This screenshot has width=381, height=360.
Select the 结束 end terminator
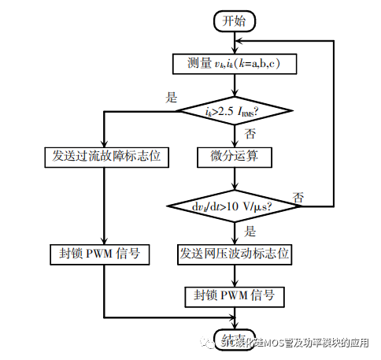pos(235,334)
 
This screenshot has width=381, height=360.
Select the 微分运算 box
pos(235,156)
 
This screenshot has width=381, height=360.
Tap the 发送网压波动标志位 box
pos(235,254)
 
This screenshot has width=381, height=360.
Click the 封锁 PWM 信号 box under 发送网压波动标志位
pos(235,296)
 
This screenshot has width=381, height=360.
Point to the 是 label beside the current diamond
pos(171,97)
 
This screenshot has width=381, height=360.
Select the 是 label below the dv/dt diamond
pos(251,232)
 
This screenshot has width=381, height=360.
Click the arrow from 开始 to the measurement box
pos(235,43)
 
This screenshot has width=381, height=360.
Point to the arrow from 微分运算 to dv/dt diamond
pos(235,178)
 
